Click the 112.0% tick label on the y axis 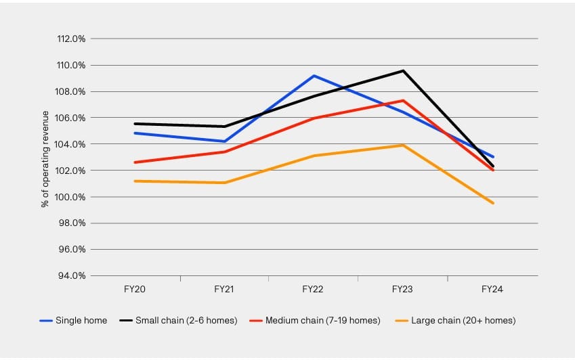(72, 39)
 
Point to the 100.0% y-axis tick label (72, 197)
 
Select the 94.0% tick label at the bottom (72, 276)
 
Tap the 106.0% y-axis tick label (72, 118)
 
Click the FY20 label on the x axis (135, 289)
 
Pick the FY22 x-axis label (313, 289)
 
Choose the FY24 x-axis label (492, 289)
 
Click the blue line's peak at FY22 (314, 76)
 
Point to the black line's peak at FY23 (403, 70)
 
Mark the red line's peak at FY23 (403, 101)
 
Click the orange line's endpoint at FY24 (493, 203)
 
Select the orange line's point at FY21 (224, 183)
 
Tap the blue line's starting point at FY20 (135, 133)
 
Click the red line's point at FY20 (135, 162)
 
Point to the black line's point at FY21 (224, 127)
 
